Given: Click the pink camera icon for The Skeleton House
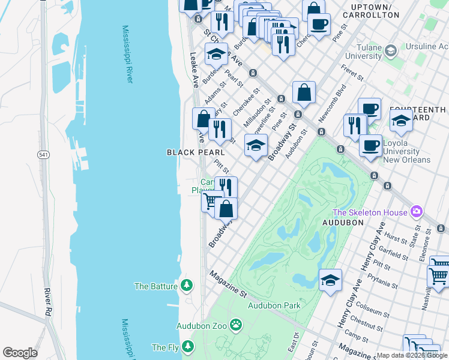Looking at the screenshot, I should point(415,212).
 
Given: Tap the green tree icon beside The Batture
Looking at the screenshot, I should point(187,286).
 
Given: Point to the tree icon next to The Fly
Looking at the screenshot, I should point(188,347).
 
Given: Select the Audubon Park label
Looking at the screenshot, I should point(274,305).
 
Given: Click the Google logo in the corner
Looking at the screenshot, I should point(20,353).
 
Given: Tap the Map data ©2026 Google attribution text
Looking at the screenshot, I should point(412,355).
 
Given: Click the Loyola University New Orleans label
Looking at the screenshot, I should point(406,152).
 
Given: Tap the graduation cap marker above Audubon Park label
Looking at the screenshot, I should point(330,280).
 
